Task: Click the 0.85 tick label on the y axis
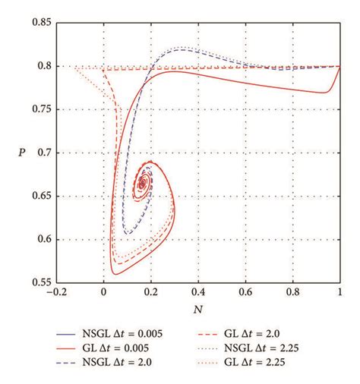coord(41,23)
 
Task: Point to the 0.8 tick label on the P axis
coord(44,66)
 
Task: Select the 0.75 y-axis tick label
coord(41,109)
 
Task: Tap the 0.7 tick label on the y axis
coord(44,153)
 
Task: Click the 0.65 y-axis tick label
coord(41,196)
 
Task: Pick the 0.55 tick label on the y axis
coord(41,282)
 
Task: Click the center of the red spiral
coord(142,184)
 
